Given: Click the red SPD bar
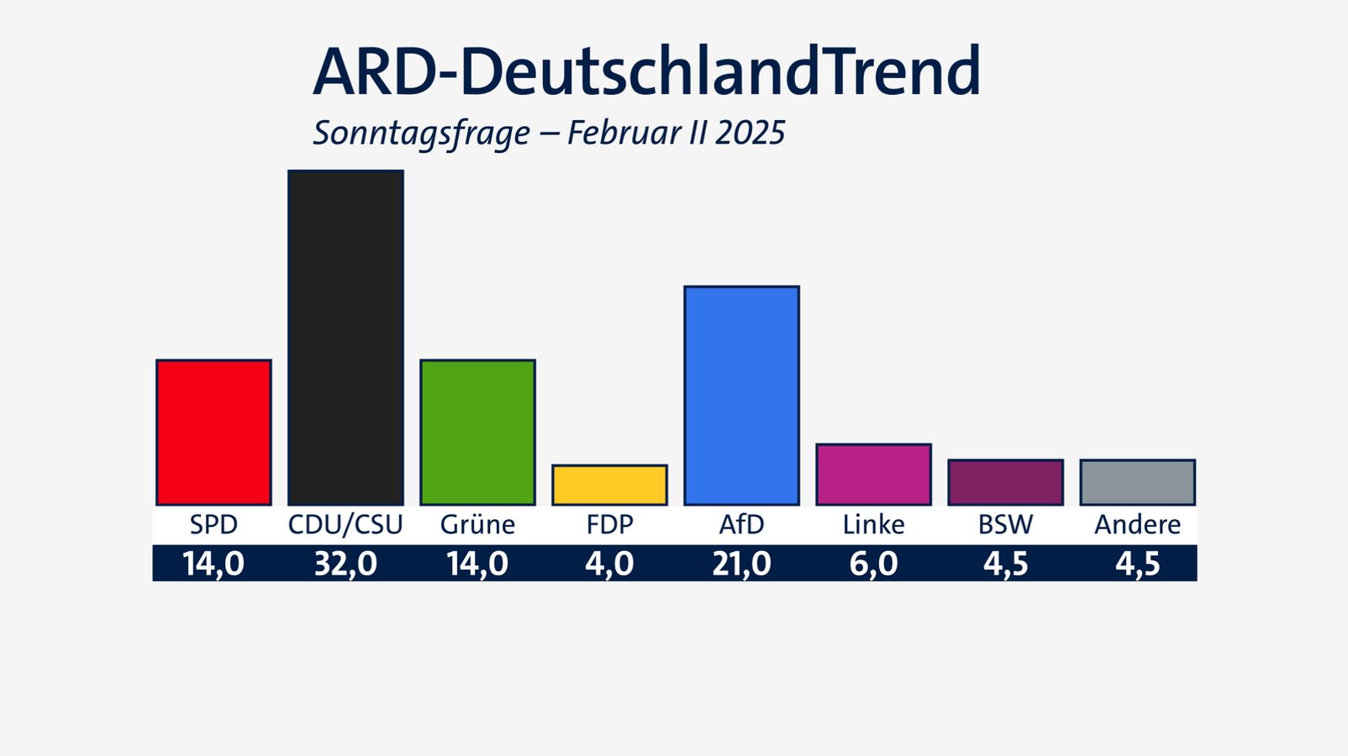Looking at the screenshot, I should click(213, 433).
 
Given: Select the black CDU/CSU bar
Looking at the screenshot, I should click(345, 338).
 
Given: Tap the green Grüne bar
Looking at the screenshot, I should click(477, 433).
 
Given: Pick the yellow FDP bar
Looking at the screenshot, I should click(609, 486).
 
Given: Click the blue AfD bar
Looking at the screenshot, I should click(741, 396).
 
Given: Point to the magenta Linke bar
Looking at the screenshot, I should click(873, 475).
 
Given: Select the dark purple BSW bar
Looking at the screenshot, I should click(1005, 482).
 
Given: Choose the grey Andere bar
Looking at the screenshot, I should click(1137, 482).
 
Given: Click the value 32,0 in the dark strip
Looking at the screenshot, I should click(345, 564).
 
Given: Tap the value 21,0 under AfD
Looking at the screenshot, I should click(741, 564).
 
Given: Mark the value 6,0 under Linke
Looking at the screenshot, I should click(873, 564).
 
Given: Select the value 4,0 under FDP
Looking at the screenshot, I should click(609, 564).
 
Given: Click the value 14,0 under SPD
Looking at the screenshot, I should click(213, 564).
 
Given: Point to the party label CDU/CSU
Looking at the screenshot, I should click(345, 525).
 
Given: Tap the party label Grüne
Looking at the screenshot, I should click(477, 525).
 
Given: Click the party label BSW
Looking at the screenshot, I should click(1005, 525).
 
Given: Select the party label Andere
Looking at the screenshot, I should click(1137, 525).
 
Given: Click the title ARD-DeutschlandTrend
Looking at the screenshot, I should click(646, 72).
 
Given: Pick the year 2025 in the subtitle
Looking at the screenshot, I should click(750, 134).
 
